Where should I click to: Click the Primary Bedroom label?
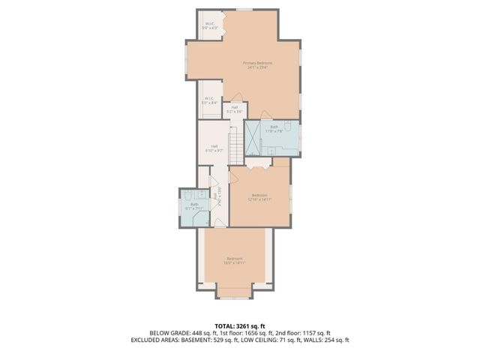pyautogui.click(x=257, y=64)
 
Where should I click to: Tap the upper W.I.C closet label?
pyautogui.click(x=211, y=25)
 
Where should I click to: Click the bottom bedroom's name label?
pyautogui.click(x=234, y=260)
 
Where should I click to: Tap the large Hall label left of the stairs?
pyautogui.click(x=214, y=148)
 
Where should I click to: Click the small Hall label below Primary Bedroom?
pyautogui.click(x=235, y=109)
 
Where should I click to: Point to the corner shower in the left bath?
pyautogui.click(x=201, y=217)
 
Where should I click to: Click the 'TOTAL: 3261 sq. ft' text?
pyautogui.click(x=240, y=325)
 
